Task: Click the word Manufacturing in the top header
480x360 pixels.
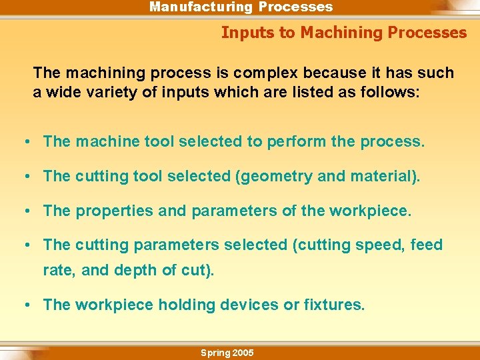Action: pyautogui.click(x=201, y=7)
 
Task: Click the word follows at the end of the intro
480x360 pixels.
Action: pyautogui.click(x=390, y=93)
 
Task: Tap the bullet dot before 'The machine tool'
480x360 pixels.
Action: pyautogui.click(x=25, y=142)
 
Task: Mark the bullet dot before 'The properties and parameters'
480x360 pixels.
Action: pyautogui.click(x=25, y=211)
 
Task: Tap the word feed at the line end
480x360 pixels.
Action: pyautogui.click(x=427, y=245)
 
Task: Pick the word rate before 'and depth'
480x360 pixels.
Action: pyautogui.click(x=57, y=271)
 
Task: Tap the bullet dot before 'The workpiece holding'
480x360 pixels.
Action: pyautogui.click(x=25, y=305)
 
